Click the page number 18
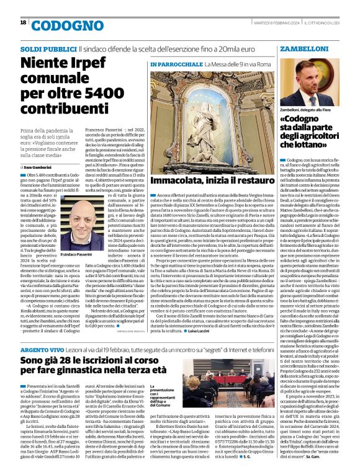tap(23, 23)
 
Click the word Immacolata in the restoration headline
tap(176, 181)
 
